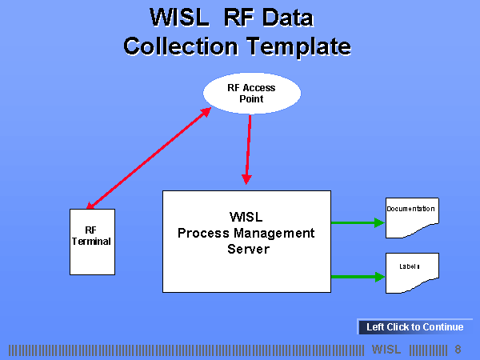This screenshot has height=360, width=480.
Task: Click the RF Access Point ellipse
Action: coord(252,94)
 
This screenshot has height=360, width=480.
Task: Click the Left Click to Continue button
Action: coord(414,326)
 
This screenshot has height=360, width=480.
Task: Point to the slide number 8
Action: coord(458,350)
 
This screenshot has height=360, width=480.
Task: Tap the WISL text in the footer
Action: coord(386,350)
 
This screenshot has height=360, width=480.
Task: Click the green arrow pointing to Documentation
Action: coord(358,222)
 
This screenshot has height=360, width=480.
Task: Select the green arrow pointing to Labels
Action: coord(358,277)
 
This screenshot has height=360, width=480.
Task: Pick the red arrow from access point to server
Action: coord(248,148)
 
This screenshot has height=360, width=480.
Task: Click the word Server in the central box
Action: coord(246,249)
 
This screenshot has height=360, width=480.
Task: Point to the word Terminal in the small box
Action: coord(91,241)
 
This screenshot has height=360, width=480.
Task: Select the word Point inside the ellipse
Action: coord(251,99)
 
